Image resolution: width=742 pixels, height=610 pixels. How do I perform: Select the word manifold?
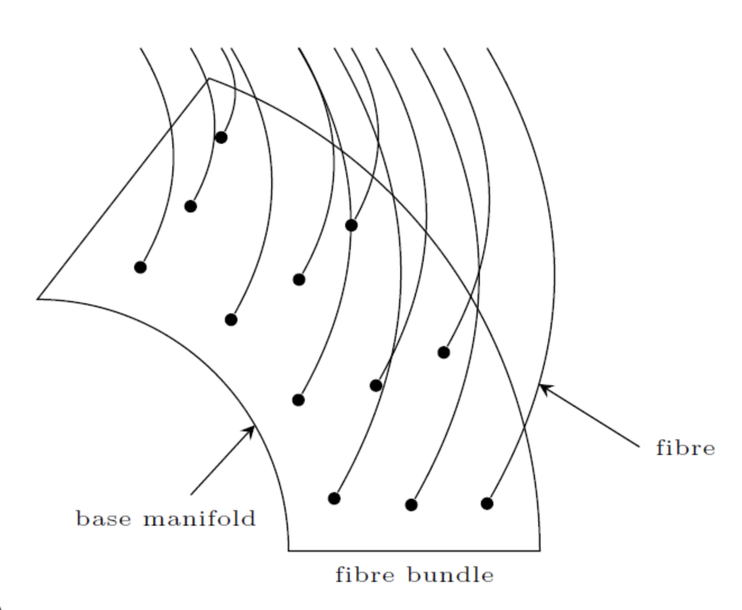tap(200, 518)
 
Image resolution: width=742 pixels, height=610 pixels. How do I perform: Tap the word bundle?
tap(451, 575)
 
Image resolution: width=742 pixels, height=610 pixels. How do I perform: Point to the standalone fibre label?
tap(685, 448)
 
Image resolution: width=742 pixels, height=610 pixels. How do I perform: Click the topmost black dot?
tap(221, 137)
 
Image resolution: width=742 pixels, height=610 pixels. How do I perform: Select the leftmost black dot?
tap(140, 267)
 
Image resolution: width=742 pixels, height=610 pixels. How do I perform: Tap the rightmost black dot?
tap(487, 503)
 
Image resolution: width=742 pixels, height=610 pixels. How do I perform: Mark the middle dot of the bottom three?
tap(411, 504)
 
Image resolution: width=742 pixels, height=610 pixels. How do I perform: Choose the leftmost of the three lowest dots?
tap(334, 498)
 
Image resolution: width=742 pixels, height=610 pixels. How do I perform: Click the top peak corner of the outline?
tap(208, 79)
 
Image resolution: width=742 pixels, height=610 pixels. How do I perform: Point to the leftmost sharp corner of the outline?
tap(38, 298)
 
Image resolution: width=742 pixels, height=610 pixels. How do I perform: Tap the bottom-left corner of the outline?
tap(289, 550)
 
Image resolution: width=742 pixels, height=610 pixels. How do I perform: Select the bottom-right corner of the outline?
tap(539, 550)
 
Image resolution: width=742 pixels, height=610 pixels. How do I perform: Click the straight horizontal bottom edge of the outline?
tap(414, 550)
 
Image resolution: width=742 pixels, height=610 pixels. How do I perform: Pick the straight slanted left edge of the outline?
tap(123, 188)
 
